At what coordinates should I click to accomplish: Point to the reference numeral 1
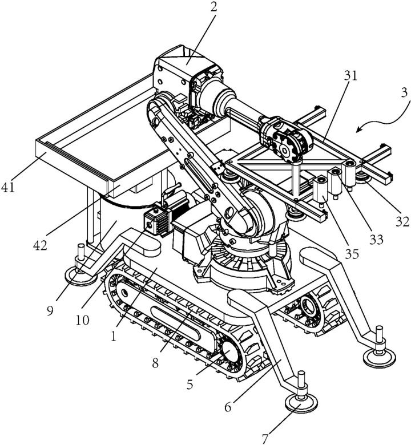pos(114,337)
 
